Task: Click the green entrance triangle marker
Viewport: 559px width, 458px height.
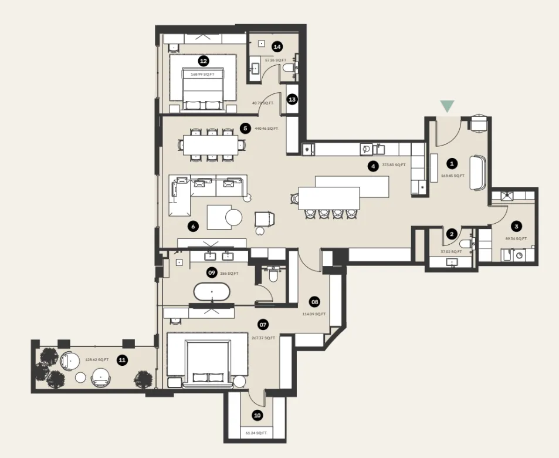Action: (448, 106)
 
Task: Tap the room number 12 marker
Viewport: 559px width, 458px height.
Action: (204, 60)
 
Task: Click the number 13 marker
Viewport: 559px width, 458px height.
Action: (292, 99)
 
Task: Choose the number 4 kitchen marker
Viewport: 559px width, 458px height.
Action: (372, 166)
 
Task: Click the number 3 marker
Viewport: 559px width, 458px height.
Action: (516, 225)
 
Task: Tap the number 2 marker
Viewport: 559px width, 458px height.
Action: (451, 234)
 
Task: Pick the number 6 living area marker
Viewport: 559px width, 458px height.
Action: (192, 225)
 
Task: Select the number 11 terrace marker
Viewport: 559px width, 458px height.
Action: (122, 361)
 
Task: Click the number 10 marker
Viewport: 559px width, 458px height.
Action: (257, 415)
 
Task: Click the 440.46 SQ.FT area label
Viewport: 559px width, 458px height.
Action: (267, 128)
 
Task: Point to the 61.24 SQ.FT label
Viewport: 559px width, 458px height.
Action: (256, 433)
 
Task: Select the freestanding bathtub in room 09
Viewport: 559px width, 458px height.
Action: (212, 292)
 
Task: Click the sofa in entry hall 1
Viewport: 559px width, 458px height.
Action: (477, 173)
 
